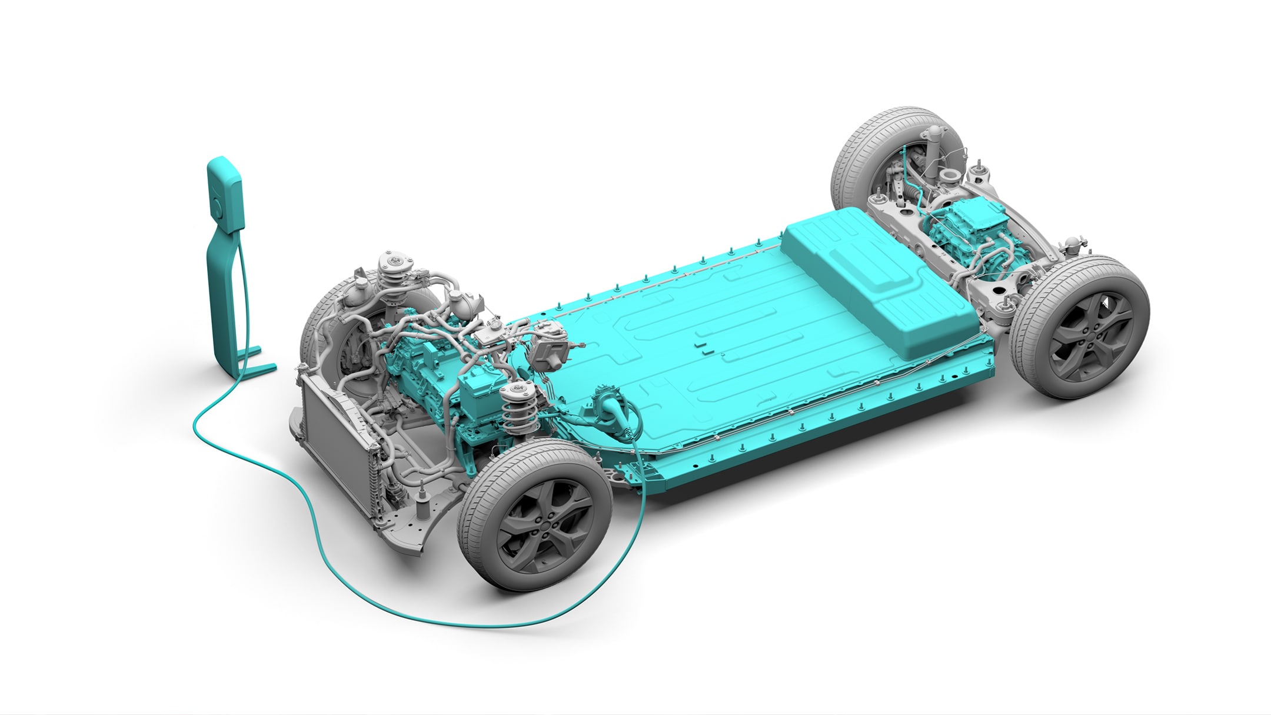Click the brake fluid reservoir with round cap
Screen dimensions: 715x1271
coord(490,332)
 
